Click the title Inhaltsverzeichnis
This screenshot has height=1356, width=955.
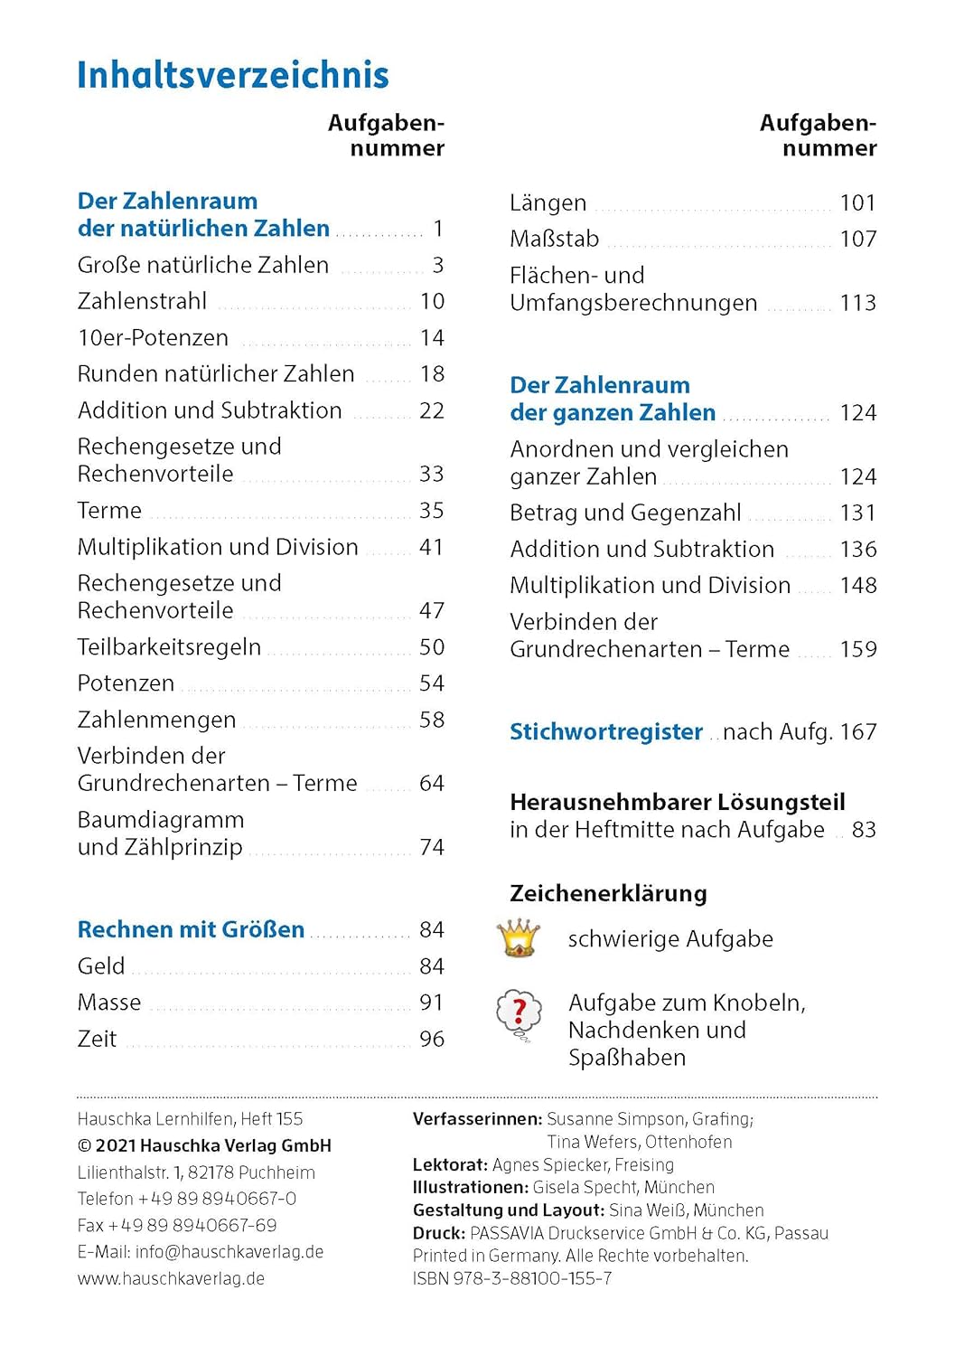point(232,75)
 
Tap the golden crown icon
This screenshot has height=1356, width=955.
point(518,938)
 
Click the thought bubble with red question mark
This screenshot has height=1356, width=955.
point(519,1013)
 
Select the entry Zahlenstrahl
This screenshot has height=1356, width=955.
point(142,301)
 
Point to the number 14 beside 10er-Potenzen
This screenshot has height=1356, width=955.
point(432,338)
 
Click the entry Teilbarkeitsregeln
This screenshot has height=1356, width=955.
point(169,647)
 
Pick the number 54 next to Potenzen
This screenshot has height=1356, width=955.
point(432,683)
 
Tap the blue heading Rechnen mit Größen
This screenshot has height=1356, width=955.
point(191,929)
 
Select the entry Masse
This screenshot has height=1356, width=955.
point(109,1003)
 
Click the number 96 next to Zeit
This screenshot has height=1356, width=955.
point(432,1040)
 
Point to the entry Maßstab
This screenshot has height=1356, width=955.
point(554,239)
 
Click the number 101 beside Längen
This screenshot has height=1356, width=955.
point(857,202)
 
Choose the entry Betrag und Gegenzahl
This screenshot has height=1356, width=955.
point(625,513)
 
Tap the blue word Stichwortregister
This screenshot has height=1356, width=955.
point(605,731)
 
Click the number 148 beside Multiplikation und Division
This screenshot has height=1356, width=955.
point(857,586)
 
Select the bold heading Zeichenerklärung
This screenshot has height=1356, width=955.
point(608,893)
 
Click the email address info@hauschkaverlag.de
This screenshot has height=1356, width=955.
point(229,1252)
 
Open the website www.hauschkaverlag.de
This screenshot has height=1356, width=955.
point(171,1278)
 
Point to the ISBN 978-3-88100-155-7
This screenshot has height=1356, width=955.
point(512,1278)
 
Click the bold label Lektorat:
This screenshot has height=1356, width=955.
point(450,1164)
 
